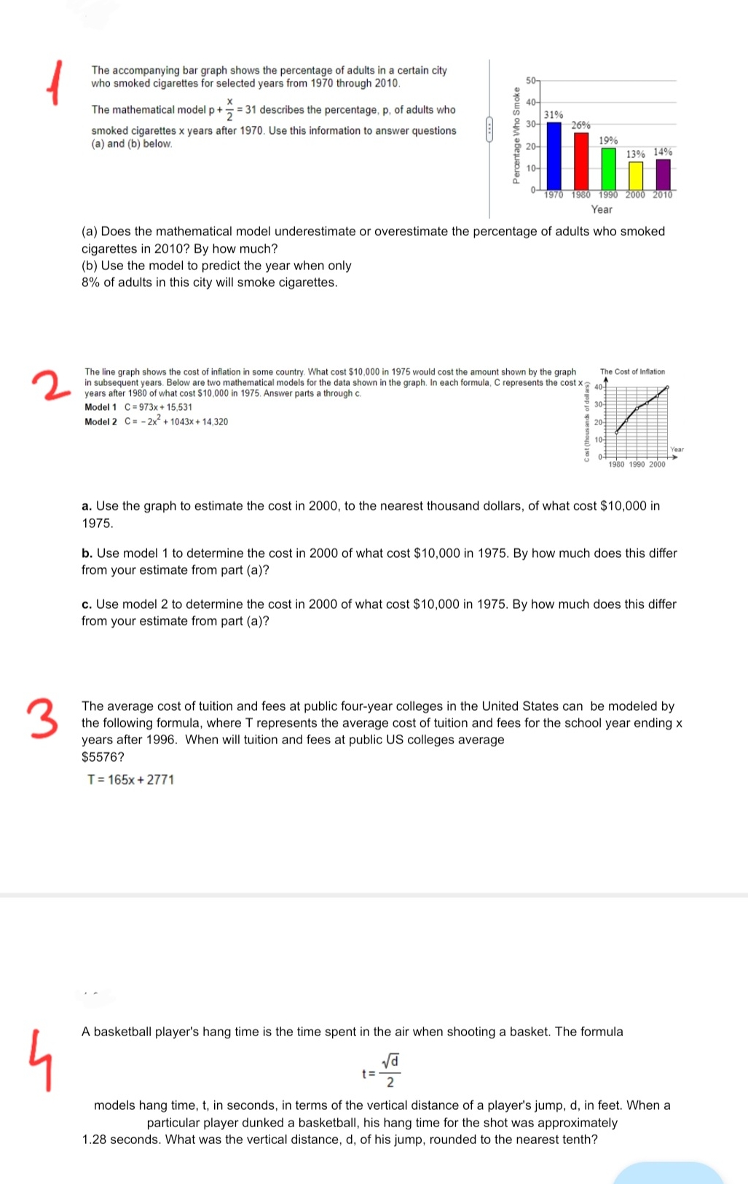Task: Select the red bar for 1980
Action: point(581,160)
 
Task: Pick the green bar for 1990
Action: point(608,168)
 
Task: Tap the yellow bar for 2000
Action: point(636,175)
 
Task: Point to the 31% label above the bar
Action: point(554,115)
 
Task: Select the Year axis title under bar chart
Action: point(602,209)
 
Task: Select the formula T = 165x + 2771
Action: point(131,780)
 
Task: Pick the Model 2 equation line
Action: point(156,422)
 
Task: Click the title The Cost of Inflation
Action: point(632,372)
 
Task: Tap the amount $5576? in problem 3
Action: point(103,757)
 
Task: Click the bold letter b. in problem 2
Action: point(87,553)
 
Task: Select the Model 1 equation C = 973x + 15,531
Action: point(138,407)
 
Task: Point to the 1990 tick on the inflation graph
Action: point(637,465)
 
